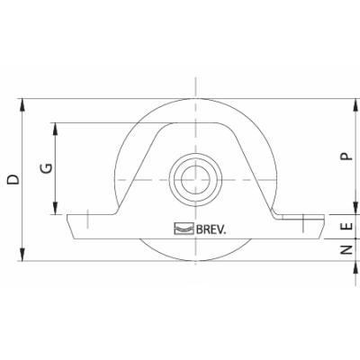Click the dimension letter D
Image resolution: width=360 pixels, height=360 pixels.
(12, 179)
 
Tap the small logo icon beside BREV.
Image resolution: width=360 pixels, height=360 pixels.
(184, 229)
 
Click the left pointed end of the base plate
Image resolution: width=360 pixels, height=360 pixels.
(68, 218)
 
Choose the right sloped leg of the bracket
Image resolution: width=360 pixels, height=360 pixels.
(255, 171)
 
